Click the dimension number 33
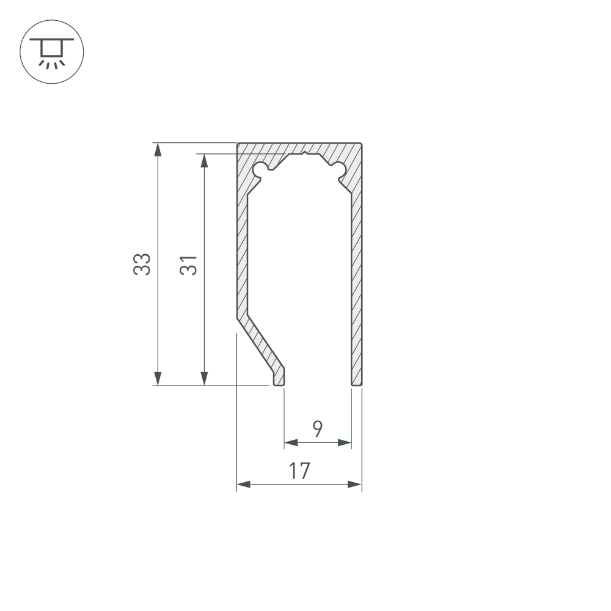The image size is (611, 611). pos(142,265)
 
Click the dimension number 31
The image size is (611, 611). pos(188,265)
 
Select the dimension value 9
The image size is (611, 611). pos(318,429)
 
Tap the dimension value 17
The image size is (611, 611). pos(299,470)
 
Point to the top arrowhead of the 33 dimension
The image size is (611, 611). pos(158,150)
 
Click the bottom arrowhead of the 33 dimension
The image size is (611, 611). pos(158,379)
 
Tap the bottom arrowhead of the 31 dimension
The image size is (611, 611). pos(204,379)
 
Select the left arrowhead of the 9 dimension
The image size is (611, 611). pos(291,442)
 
